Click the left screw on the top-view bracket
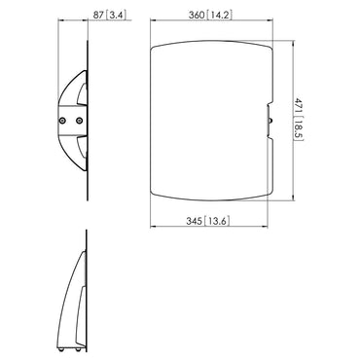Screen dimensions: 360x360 click(64, 121)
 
